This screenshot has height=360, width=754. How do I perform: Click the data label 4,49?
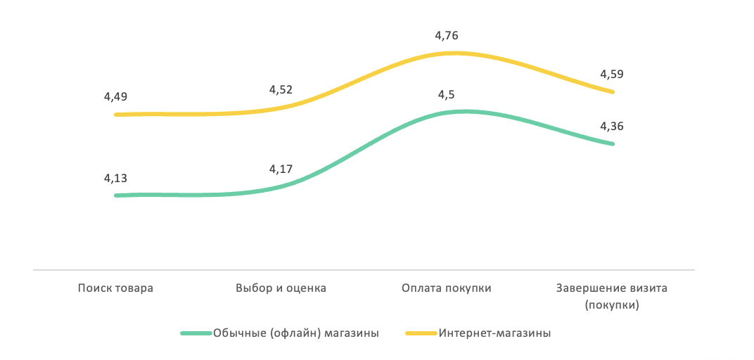pos(115,97)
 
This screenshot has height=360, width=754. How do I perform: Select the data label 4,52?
pos(281,90)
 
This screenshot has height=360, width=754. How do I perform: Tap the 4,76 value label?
pos(447,35)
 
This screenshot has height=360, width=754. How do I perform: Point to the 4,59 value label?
pos(612,74)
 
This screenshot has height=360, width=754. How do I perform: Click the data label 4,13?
pos(115,179)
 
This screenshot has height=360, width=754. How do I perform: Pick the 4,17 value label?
pos(281,169)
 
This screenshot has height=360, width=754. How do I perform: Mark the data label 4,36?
pos(612,127)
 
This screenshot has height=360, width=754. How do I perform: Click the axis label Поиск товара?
pos(115,288)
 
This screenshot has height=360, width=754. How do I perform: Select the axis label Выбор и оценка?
pos(281,288)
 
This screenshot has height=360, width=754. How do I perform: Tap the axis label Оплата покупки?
pos(447,288)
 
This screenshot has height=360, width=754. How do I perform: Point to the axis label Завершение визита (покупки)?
pos(612,297)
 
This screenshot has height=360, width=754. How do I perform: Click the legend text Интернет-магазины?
pos(494,333)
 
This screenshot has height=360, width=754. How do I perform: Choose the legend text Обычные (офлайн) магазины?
pos(295,333)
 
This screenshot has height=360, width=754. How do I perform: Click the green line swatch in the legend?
pos(196,333)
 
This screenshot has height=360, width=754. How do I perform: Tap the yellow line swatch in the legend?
pos(422,333)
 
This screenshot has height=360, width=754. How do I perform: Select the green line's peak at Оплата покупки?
pos(461,111)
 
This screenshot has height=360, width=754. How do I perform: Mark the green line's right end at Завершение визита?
pos(613,143)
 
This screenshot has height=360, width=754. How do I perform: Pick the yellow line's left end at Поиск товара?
pos(116,114)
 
